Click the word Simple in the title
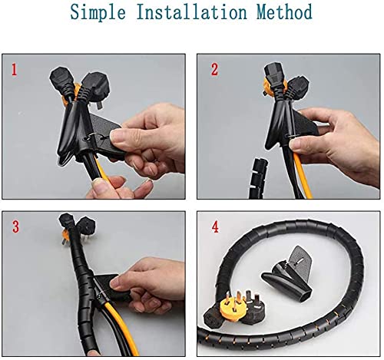click(x=94, y=14)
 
